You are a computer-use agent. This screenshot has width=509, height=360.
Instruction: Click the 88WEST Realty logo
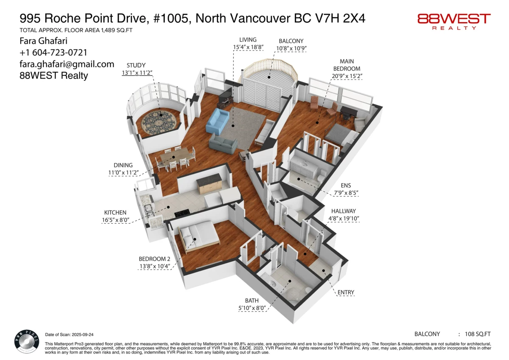454,21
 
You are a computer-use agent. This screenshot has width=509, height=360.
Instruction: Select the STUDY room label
136,65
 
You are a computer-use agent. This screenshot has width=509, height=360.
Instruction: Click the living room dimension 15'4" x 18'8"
248,48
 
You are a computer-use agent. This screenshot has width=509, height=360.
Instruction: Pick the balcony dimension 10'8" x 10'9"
291,48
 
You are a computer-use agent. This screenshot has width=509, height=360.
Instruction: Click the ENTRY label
346,292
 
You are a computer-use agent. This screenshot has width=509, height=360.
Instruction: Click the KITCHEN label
115,212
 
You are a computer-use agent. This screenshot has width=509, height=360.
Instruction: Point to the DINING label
123,165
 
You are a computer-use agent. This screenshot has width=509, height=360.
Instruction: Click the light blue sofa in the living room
217,121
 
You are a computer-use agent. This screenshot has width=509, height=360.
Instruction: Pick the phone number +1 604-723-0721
53,53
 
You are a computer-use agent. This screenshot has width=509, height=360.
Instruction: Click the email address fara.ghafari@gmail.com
67,64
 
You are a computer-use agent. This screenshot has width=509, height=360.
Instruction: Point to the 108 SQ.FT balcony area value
478,334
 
